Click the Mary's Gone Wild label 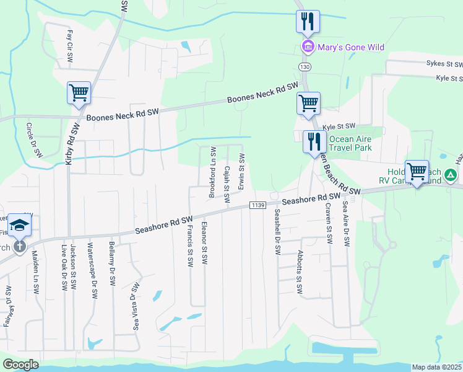point(351,47)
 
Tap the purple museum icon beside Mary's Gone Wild point(307,47)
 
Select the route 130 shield point(303,66)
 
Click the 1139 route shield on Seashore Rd point(259,205)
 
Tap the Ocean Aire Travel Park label point(350,143)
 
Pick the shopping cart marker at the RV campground point(417,171)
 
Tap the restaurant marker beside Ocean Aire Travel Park point(314,142)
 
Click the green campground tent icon point(452,177)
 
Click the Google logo point(20,365)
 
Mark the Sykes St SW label point(444,64)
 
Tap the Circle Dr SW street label point(33,139)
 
